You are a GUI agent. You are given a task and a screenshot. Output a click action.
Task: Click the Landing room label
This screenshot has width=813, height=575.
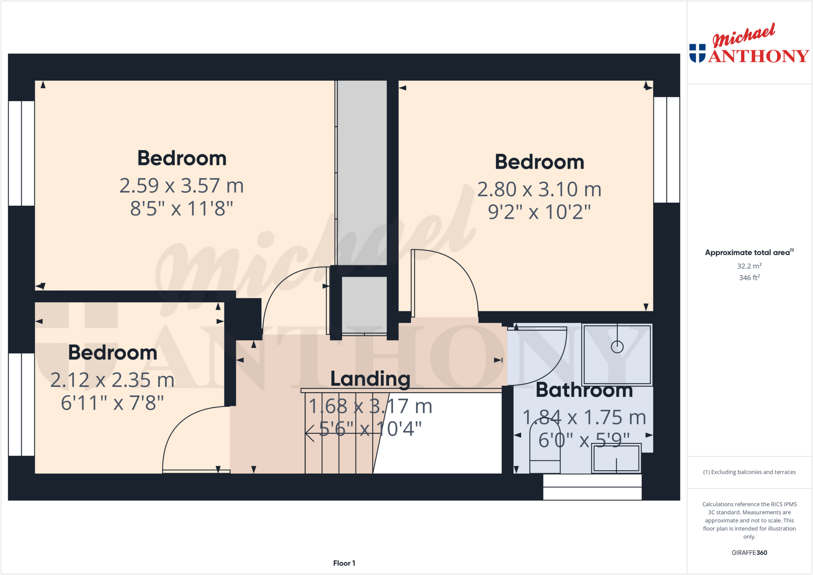pos(370,379)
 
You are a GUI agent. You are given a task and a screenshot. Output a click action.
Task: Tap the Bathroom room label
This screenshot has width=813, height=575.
pos(584,390)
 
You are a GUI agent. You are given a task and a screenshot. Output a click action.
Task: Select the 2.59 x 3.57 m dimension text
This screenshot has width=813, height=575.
pos(181,186)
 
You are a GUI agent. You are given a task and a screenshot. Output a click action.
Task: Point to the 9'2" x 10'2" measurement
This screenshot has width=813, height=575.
pos(539,212)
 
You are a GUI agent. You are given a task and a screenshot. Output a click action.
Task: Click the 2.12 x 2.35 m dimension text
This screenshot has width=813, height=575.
pos(112,380)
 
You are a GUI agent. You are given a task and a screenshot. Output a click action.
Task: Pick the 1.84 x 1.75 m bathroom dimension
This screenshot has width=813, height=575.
pos(584,417)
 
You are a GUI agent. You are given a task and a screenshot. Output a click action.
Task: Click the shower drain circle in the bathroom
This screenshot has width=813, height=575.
pos(617,347)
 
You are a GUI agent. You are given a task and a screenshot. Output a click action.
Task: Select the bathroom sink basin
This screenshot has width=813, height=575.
pos(616,458)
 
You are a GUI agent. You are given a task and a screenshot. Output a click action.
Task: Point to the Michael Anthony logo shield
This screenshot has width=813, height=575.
pos(697,53)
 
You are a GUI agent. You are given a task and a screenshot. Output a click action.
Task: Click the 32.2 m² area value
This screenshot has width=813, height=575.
pos(749,266)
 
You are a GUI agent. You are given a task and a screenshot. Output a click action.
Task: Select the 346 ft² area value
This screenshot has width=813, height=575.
pos(749,278)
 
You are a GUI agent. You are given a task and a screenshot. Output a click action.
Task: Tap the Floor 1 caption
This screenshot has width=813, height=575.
pos(344,563)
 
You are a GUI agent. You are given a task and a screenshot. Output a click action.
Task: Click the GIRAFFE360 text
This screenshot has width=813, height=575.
pos(749,552)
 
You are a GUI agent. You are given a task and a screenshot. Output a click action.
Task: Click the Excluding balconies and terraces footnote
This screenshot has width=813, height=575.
pos(749,472)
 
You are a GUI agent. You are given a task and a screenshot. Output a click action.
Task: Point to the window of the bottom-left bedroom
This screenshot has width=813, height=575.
pos(21,404)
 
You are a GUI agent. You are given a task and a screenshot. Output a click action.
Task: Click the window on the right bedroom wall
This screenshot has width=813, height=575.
pos(667,150)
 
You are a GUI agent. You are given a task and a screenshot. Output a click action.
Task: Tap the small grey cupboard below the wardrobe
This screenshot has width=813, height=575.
pos(364,305)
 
